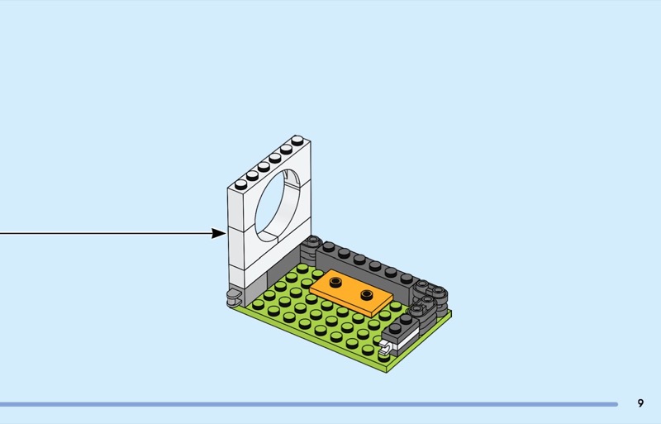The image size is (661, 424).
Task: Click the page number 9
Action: (640, 403)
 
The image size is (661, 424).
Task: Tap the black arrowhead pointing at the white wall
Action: (218, 233)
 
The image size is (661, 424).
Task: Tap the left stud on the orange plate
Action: (336, 282)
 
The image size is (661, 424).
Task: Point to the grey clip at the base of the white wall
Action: (234, 295)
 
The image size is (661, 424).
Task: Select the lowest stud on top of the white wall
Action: (241, 183)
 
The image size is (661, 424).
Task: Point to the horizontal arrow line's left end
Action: (2, 233)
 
